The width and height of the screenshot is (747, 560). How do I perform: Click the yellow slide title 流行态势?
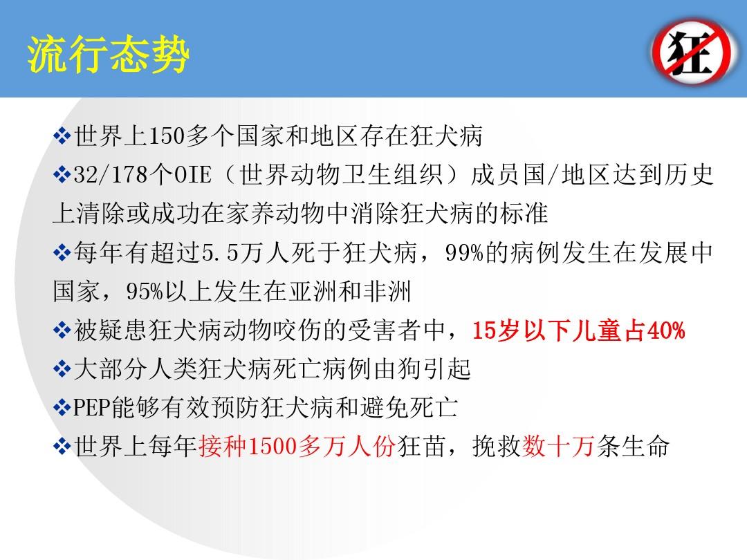click(x=109, y=55)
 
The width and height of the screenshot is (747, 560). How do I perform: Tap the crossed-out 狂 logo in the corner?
click(x=692, y=51)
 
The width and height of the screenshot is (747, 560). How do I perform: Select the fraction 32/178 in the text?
click(x=111, y=175)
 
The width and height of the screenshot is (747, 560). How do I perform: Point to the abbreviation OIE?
click(x=192, y=175)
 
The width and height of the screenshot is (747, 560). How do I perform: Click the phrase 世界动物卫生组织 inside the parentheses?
click(x=341, y=175)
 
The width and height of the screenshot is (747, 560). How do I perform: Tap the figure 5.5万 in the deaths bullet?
click(x=232, y=252)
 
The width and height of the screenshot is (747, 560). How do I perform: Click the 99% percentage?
click(x=464, y=252)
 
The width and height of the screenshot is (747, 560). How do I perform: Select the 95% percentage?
click(x=145, y=292)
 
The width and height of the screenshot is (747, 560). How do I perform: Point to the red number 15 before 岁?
click(x=483, y=330)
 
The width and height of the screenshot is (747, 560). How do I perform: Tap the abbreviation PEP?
click(x=91, y=408)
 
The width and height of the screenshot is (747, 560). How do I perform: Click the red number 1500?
click(x=273, y=447)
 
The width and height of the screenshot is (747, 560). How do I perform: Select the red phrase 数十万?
click(x=559, y=447)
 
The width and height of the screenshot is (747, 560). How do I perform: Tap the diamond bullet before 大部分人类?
click(x=62, y=369)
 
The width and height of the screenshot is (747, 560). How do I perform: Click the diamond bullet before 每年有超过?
click(x=62, y=252)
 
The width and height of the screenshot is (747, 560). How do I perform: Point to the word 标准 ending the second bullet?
click(x=524, y=214)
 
